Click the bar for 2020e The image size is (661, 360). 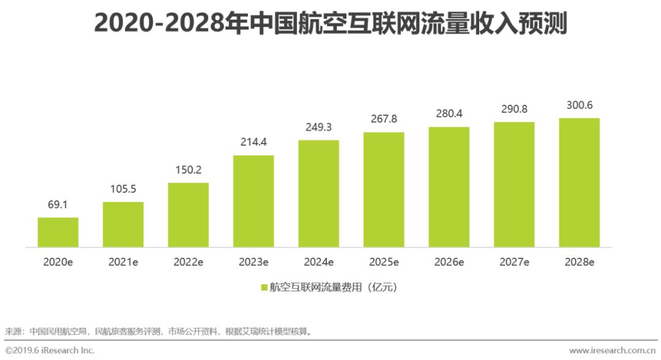(x=58, y=232)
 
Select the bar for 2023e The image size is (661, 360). (x=253, y=201)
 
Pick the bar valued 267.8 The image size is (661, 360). (x=384, y=190)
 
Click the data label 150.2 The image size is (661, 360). (x=188, y=171)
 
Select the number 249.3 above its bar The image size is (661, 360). (x=318, y=129)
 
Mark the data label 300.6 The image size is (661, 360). (x=579, y=106)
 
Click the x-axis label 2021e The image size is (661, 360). (x=123, y=262)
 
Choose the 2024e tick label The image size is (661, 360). (x=318, y=262)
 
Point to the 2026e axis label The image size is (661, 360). (x=449, y=262)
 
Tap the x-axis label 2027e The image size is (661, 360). (x=514, y=262)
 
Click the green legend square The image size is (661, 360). (x=264, y=287)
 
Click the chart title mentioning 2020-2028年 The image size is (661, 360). (x=330, y=24)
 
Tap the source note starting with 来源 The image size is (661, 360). (x=159, y=331)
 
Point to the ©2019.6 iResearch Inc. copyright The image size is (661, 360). (x=49, y=351)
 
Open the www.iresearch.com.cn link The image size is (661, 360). (x=612, y=351)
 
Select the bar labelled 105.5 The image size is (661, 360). (x=123, y=224)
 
